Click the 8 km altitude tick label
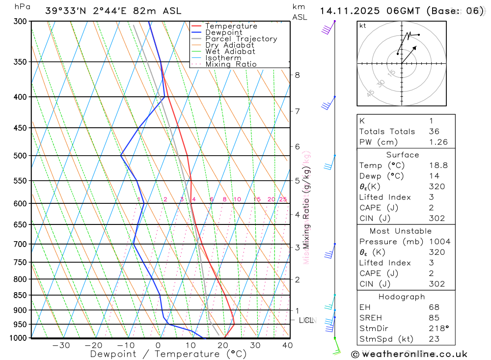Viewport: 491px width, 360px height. point(297,75)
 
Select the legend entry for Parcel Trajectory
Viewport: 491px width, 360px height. point(241,39)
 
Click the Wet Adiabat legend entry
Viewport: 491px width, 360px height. point(230,52)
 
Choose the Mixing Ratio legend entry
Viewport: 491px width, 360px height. point(231,64)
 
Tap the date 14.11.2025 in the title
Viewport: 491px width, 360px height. point(350,11)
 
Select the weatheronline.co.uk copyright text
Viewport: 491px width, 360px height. point(409,354)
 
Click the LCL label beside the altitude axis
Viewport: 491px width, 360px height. point(306,320)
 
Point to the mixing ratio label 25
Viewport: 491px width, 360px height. point(283,199)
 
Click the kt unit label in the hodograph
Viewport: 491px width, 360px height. point(363,26)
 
